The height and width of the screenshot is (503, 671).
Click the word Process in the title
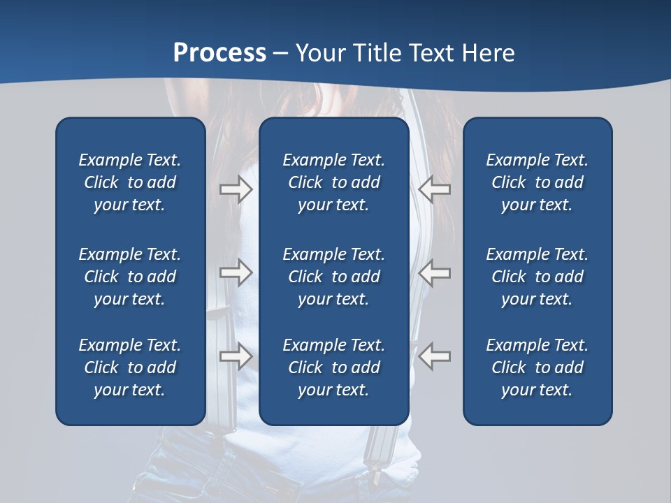tap(219, 52)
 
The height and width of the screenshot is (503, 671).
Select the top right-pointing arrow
tap(236, 189)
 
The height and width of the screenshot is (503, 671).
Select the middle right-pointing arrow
tap(236, 272)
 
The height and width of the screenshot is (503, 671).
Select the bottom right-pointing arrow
tap(236, 356)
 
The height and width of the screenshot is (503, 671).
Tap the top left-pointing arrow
tap(434, 189)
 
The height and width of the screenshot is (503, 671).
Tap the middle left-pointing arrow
tap(434, 272)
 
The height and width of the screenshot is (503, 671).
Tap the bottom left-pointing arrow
tap(434, 356)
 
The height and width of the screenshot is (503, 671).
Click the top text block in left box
tap(130, 182)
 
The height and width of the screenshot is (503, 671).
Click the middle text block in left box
tap(130, 277)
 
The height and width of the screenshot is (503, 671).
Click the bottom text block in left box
tap(130, 367)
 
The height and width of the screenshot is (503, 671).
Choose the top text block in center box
tap(333, 182)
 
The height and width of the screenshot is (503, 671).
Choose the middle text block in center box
tap(333, 277)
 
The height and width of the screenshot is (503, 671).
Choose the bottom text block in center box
tap(333, 367)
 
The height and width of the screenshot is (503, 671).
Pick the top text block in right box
tap(537, 182)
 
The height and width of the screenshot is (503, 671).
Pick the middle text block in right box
tap(537, 277)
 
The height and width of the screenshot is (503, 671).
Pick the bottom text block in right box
tap(537, 367)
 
